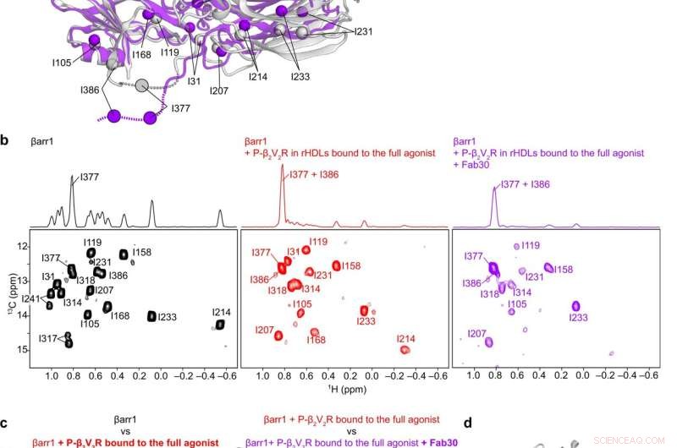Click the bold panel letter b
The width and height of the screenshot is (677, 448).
pos(5,139)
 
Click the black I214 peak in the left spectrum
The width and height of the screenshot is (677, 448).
pos(220,325)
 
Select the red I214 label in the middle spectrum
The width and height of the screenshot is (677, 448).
pos(408,339)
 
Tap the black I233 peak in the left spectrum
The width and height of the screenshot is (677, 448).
pos(152,316)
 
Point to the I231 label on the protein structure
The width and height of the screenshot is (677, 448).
pos(358,31)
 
